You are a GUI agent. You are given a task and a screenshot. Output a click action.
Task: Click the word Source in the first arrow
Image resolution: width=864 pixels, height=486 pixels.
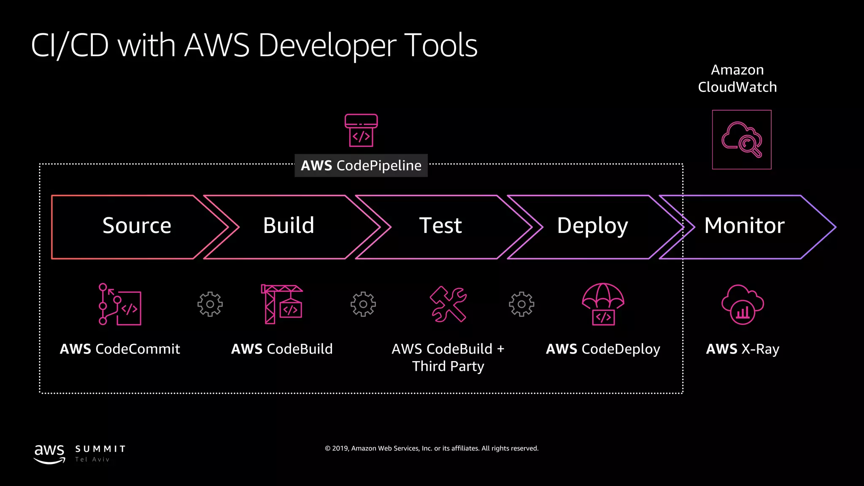tap(137, 226)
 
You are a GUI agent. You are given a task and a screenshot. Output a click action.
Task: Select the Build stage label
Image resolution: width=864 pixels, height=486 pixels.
tap(289, 226)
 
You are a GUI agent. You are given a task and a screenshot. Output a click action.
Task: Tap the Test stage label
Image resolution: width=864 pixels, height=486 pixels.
tap(440, 226)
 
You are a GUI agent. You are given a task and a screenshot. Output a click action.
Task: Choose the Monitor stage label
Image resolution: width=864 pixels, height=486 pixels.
tap(744, 226)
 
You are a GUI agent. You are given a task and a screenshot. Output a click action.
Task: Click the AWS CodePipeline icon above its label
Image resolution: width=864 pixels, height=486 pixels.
tap(361, 130)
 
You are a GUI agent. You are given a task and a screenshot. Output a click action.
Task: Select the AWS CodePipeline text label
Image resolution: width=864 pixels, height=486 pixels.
tap(361, 165)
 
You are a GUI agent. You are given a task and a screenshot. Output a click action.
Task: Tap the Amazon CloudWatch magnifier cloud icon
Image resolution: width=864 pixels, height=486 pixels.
tap(742, 140)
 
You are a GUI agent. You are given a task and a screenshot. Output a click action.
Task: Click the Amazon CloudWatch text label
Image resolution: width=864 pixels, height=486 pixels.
tap(737, 78)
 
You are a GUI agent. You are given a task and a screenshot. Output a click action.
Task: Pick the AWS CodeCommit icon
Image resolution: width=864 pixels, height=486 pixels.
tap(120, 304)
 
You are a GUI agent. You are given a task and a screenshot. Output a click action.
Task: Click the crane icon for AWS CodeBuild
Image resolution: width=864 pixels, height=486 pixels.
tap(282, 304)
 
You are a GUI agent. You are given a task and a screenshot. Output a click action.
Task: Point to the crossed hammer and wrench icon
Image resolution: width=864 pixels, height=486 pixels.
tap(448, 304)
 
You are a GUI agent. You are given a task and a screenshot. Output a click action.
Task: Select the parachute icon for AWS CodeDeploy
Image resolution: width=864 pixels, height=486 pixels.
tap(603, 304)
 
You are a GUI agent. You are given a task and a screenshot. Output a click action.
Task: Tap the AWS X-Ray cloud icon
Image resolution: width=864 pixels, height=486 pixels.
tap(742, 304)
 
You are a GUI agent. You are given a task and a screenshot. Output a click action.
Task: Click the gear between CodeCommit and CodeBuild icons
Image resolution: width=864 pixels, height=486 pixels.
tap(210, 304)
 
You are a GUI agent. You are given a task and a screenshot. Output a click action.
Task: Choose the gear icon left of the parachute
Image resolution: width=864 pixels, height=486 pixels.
tap(521, 304)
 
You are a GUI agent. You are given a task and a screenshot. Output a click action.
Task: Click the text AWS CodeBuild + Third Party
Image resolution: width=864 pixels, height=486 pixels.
tap(448, 357)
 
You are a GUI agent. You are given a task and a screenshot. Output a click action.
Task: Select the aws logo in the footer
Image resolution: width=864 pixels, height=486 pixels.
tap(49, 454)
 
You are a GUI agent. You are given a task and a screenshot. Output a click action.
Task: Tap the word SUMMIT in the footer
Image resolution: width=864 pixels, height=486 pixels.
tap(100, 449)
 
